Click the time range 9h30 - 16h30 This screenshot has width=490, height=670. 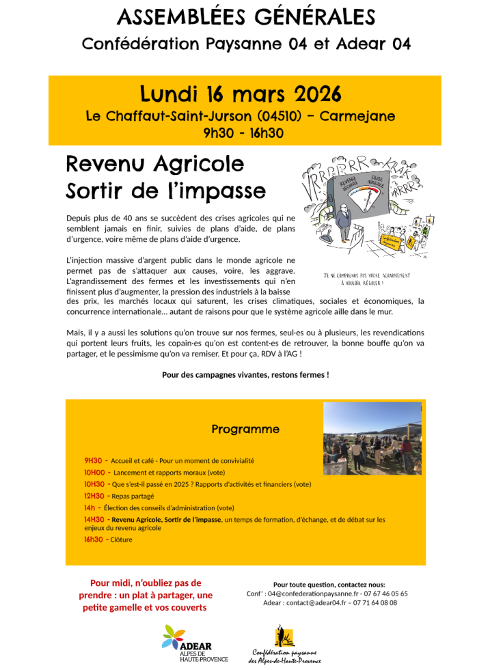pyautogui.click(x=244, y=132)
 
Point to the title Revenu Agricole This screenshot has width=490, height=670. pyautogui.click(x=154, y=165)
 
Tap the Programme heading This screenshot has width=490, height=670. pyautogui.click(x=245, y=430)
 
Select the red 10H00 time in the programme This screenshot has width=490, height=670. pyautogui.click(x=94, y=472)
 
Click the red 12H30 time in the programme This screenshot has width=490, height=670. pyautogui.click(x=94, y=496)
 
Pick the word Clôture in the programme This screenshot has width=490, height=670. pyautogui.click(x=121, y=540)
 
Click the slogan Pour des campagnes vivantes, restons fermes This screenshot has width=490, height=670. pyautogui.click(x=245, y=374)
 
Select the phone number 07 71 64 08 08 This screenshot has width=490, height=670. pyautogui.click(x=374, y=602)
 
